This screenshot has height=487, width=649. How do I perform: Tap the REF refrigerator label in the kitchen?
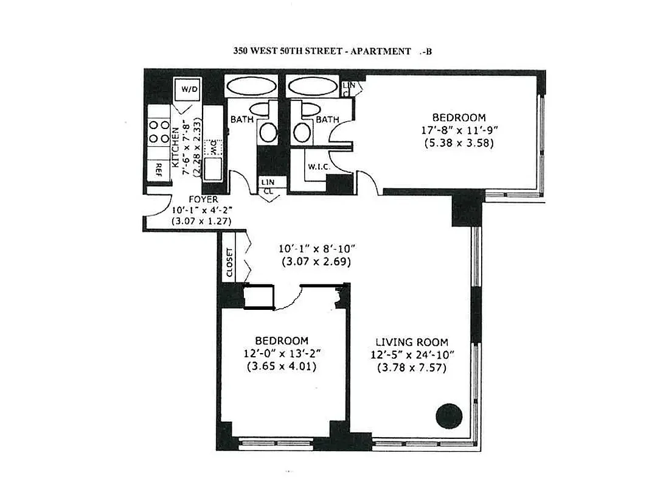(x=159, y=169)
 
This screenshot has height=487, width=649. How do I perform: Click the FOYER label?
(x=203, y=199)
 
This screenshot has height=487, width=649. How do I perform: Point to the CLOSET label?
(x=229, y=263)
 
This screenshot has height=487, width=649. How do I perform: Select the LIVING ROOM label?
(x=411, y=342)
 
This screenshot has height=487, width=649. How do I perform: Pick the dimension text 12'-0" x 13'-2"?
(x=281, y=354)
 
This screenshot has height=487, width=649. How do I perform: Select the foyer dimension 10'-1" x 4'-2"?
(x=203, y=210)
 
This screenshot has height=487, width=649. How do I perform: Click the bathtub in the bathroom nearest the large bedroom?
(x=312, y=86)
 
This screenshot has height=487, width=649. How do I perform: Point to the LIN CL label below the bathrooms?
(x=267, y=186)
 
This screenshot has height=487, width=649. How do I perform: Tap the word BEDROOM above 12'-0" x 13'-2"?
(x=281, y=341)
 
